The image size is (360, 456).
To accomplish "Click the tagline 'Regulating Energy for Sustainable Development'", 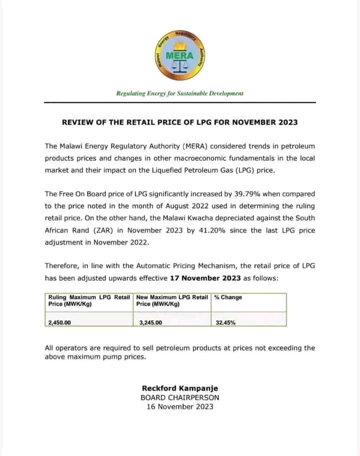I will (180, 93).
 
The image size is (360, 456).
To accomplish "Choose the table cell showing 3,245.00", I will (151, 323).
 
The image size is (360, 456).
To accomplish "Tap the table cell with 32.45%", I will (225, 323).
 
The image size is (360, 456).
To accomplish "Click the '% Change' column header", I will (228, 297).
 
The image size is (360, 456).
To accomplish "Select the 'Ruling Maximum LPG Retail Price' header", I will (89, 301).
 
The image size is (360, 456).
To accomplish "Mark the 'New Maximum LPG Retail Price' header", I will (172, 301).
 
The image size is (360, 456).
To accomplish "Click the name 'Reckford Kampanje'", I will (180, 388).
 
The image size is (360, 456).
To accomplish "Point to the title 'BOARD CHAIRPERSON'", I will (180, 397).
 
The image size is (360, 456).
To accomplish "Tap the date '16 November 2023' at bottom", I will (180, 406).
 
